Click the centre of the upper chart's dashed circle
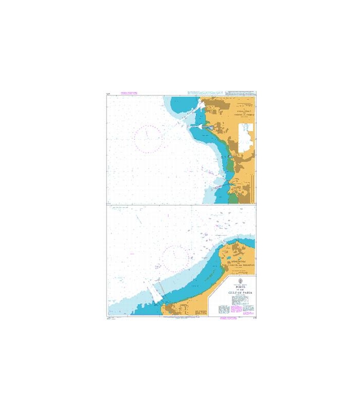[x=148, y=139]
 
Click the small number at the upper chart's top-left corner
[x=107, y=94]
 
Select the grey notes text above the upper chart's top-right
[x=221, y=93]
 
